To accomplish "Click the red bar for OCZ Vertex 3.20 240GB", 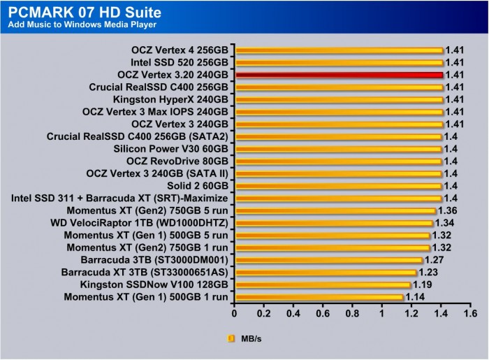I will pos(339,75).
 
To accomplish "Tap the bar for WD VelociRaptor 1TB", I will pos(333,223).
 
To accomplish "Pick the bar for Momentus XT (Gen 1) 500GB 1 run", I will pos(319,297).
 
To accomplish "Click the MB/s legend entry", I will pos(244,338).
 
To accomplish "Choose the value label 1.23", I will pos(428,272).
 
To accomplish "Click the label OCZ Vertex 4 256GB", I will pos(180,50).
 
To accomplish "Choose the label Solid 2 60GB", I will pos(198,186).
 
